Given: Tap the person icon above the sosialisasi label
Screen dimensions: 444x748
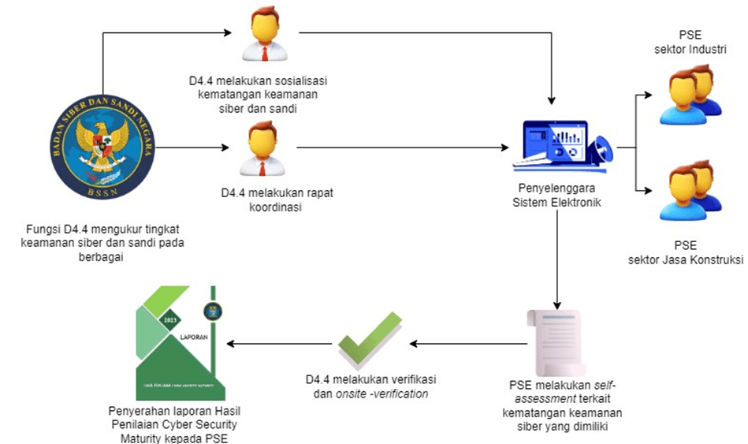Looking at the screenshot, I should (x=263, y=35).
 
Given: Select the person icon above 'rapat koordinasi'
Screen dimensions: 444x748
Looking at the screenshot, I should (x=263, y=149).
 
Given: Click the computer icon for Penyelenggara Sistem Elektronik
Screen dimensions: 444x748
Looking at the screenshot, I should (x=559, y=146).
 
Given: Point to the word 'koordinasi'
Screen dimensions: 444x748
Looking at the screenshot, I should (x=262, y=207).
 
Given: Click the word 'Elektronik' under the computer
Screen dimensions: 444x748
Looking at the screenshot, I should (x=581, y=203).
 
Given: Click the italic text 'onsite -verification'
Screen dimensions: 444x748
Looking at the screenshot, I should (x=381, y=394).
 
